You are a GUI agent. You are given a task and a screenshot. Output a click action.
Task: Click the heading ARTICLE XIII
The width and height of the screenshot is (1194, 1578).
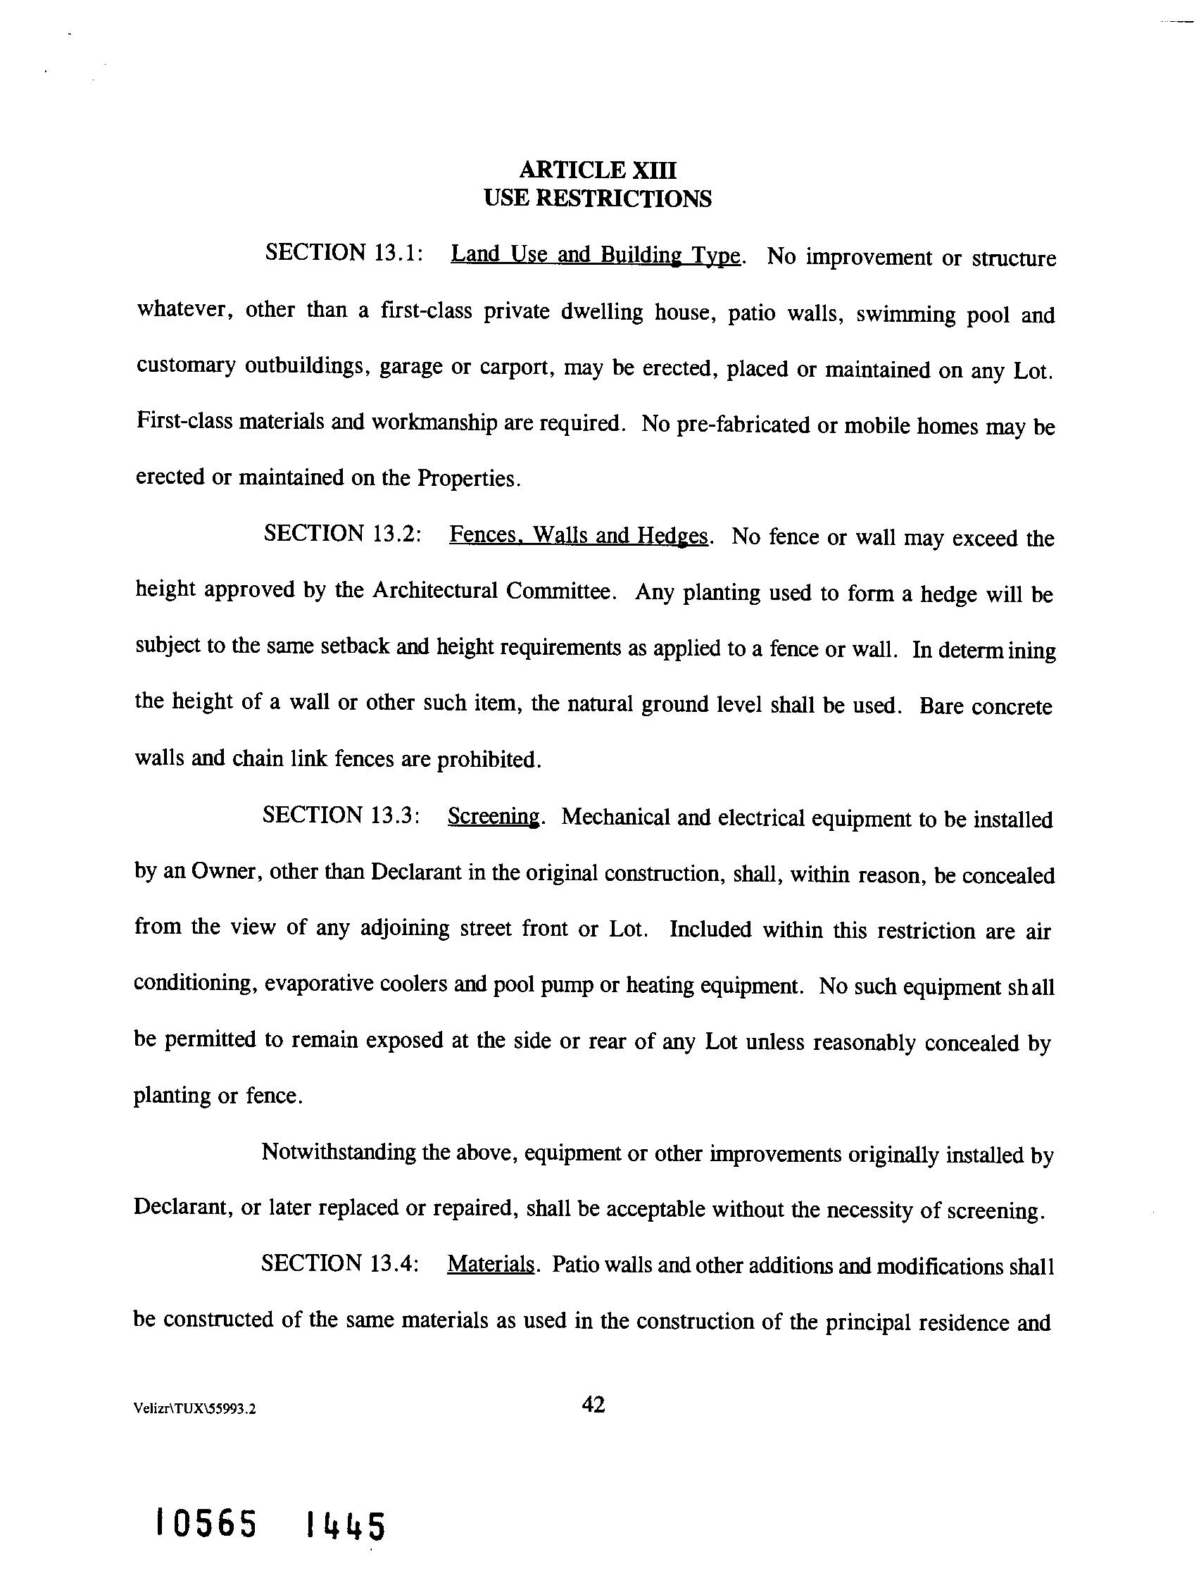[x=597, y=170]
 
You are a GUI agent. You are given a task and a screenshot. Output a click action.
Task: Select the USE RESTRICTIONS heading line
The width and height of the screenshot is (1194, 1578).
[x=597, y=198]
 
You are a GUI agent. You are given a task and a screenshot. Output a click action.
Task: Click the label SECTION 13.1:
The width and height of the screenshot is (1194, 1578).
[x=345, y=253]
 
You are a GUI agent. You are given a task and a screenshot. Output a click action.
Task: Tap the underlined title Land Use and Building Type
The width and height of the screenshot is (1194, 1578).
[x=597, y=255]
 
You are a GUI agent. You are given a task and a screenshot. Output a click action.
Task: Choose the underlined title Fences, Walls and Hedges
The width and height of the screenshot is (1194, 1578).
[x=579, y=535]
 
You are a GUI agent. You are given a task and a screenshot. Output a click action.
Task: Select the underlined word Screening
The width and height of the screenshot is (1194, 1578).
[x=494, y=816]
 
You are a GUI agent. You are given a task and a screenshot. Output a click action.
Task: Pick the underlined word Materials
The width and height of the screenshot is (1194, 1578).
[x=491, y=1264]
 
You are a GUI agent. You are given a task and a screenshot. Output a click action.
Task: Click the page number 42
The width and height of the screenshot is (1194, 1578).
[x=593, y=1405]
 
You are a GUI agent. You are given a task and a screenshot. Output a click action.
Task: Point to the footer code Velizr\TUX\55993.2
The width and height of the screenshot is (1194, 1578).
[x=194, y=1409]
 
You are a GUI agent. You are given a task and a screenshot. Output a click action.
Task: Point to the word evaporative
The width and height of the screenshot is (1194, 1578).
[x=329, y=984]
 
